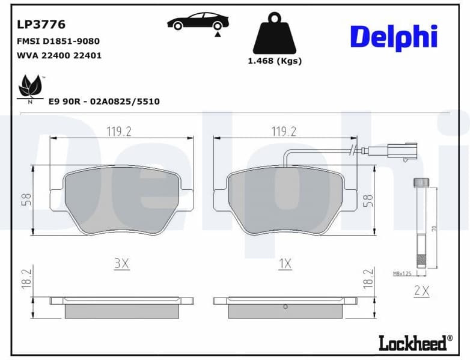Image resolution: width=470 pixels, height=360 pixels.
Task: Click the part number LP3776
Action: point(41,25)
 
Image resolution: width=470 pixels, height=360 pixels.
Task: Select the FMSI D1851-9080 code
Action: point(58,41)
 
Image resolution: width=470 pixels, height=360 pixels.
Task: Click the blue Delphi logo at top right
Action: point(393,37)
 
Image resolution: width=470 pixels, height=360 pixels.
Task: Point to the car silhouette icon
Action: point(198,22)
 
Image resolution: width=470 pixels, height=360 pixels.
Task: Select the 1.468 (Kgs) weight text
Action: point(275,61)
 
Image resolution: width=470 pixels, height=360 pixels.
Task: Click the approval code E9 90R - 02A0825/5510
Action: point(104,102)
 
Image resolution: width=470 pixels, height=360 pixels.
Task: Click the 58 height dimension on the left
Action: point(26,200)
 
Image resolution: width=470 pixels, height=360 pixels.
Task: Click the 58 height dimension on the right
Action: point(368,200)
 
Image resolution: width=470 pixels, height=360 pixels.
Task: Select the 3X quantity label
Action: point(122,264)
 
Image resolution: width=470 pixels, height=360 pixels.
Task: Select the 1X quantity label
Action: point(285,264)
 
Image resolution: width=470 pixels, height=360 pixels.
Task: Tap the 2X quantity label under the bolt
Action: point(422,291)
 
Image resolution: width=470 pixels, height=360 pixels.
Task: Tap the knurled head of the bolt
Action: point(421,182)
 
